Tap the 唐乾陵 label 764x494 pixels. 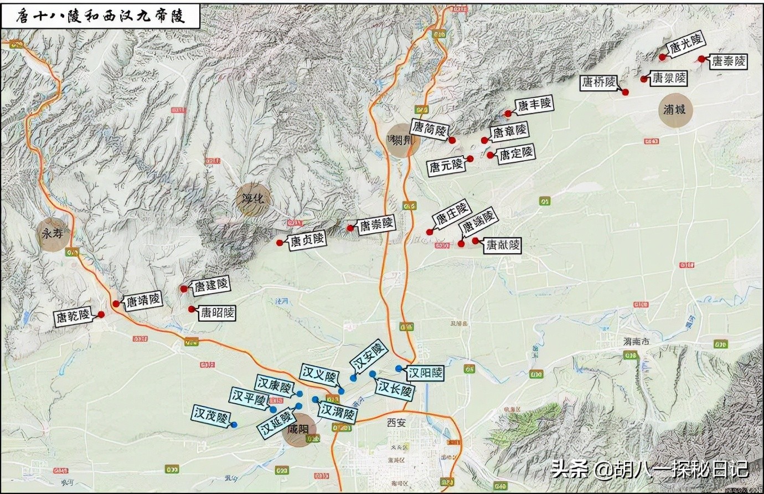pyautogui.click(x=72, y=317)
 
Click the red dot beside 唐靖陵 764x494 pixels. pyautogui.click(x=116, y=303)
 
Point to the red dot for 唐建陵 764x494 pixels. pyautogui.click(x=184, y=289)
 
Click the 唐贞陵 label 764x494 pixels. pyautogui.click(x=307, y=240)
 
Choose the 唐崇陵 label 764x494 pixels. pyautogui.click(x=376, y=224)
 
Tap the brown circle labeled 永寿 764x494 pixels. pyautogui.click(x=53, y=234)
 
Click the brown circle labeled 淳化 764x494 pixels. pyautogui.click(x=254, y=199)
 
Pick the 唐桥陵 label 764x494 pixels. pyautogui.click(x=598, y=83)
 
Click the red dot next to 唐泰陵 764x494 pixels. pyautogui.click(x=701, y=59)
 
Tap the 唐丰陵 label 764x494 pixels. pyautogui.click(x=534, y=104)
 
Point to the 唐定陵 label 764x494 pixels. pyautogui.click(x=516, y=154)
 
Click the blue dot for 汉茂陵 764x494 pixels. pyautogui.click(x=234, y=425)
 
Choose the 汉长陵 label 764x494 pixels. pyautogui.click(x=395, y=389)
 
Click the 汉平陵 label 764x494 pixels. pyautogui.click(x=248, y=398)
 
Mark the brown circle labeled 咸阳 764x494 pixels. pyautogui.click(x=300, y=430)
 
